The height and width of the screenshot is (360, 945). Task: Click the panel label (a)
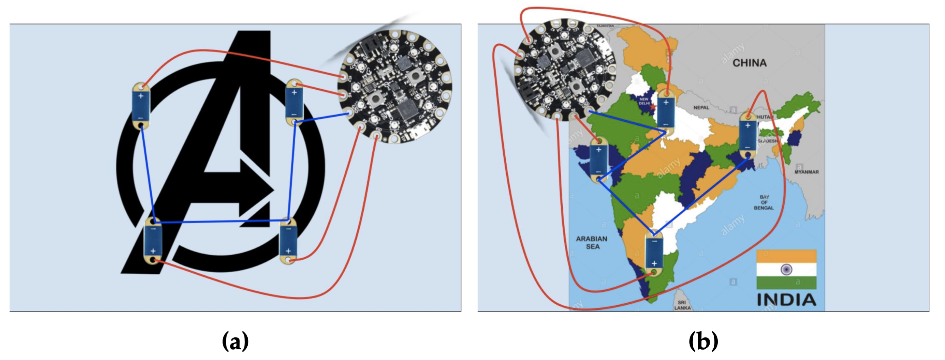coord(235,341)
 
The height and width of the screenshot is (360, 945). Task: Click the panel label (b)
coord(703,341)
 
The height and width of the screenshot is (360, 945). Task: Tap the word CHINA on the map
coord(749,63)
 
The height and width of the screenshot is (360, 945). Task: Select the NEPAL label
coord(701,107)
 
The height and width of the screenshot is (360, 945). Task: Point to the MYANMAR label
coord(806,172)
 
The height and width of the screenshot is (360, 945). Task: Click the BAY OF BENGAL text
coord(764,202)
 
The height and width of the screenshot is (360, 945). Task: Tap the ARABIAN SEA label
coord(591,242)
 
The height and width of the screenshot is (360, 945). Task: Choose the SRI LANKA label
coord(682,305)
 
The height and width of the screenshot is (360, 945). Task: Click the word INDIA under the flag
coord(786,300)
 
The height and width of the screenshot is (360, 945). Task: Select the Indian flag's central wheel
coord(786,270)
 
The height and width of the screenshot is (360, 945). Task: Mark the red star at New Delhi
coord(652,107)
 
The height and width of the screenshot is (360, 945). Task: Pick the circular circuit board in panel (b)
coord(565,70)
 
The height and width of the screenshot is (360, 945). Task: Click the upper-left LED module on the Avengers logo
coord(141,107)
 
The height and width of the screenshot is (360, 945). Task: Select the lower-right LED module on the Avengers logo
coord(288,240)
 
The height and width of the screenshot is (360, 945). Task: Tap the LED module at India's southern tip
coord(654,253)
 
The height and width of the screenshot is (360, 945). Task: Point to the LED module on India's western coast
coord(599,161)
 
